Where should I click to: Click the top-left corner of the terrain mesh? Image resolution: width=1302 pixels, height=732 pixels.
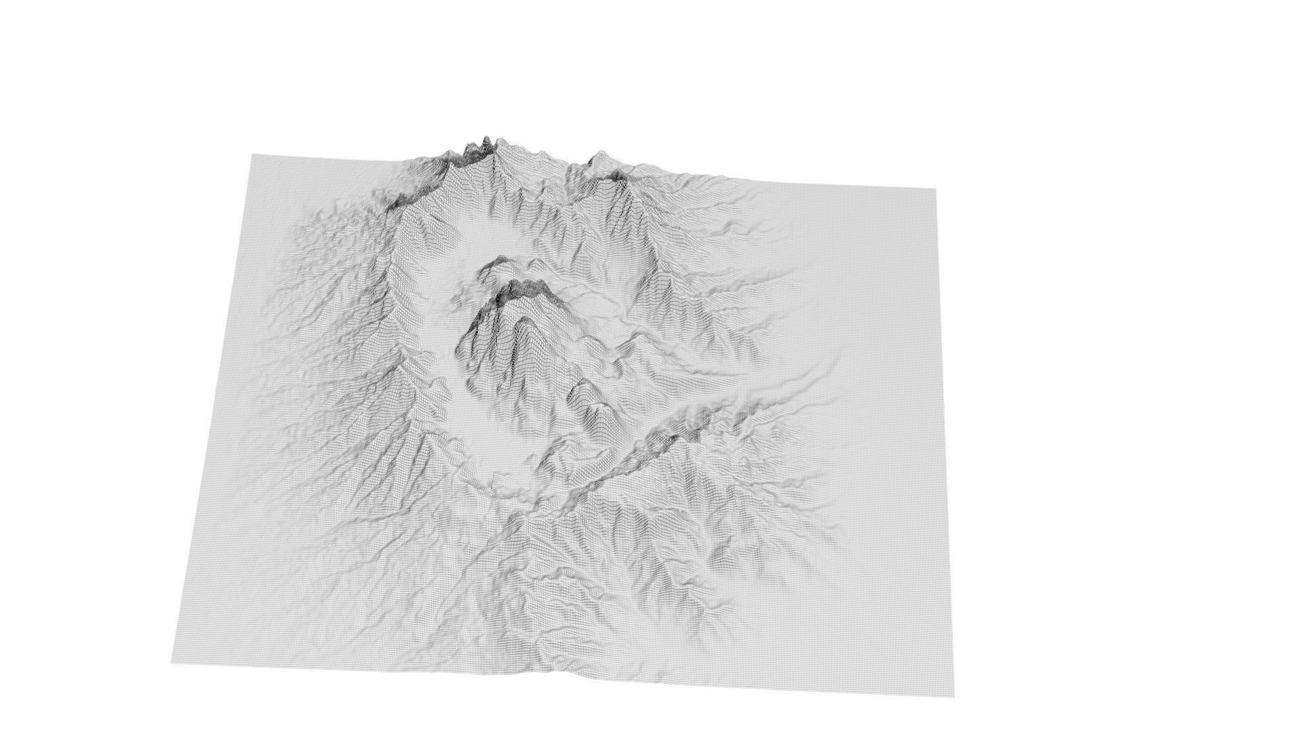pos(252,155)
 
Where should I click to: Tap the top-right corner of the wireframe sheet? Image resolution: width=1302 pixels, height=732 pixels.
pos(936,189)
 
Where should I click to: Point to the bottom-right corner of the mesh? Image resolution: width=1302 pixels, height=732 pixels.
pos(954,696)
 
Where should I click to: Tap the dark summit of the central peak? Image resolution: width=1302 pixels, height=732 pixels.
pos(522,286)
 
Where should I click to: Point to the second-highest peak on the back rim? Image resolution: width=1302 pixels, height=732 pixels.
pos(597,157)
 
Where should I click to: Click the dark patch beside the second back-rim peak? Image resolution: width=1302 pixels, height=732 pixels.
pos(617,178)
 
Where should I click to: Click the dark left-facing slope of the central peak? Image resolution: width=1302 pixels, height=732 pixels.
pos(475,339)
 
